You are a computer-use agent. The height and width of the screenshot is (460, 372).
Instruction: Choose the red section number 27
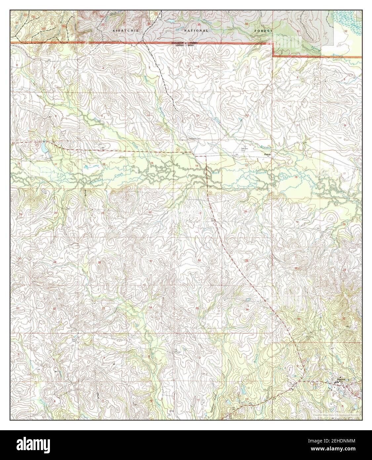click(x=151, y=261)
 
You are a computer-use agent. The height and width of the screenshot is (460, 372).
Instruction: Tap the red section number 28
click(x=99, y=262)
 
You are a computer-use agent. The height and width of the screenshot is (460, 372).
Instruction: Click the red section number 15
click(x=152, y=163)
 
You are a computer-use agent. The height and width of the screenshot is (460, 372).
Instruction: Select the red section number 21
click(x=103, y=212)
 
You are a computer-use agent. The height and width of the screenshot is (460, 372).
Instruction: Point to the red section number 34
click(x=150, y=307)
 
